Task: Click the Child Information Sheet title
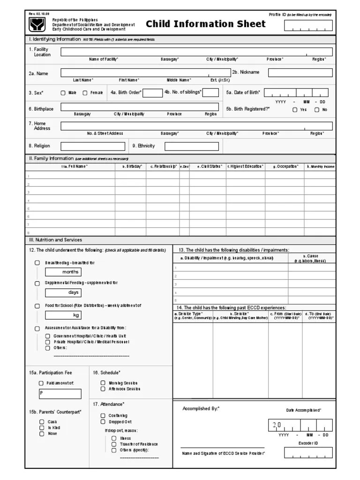coord(206,24)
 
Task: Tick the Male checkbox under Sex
coord(63,93)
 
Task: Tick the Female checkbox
coord(85,93)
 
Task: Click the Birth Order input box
coord(152,92)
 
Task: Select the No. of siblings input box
coord(210,92)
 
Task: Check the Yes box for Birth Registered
coord(295,110)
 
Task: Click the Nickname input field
coord(300,73)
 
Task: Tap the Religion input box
coord(93,146)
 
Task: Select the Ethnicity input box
coord(191,146)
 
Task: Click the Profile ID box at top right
coord(308,26)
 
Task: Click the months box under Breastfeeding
coord(63,272)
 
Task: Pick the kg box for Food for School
coord(63,315)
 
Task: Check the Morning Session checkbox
coord(103,383)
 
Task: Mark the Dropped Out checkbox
coord(103,421)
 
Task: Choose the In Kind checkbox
coord(42,427)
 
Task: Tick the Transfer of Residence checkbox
coord(114,444)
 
